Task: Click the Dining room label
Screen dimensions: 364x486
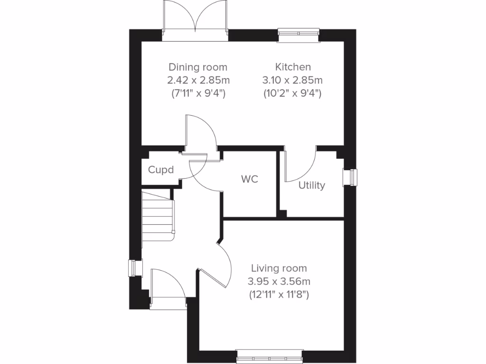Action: [x=198, y=67]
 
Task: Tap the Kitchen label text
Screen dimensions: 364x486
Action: [x=293, y=67]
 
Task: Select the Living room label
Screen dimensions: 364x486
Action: [x=279, y=268]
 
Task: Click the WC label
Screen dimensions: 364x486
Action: [x=250, y=180]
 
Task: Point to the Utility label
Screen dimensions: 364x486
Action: [x=311, y=185]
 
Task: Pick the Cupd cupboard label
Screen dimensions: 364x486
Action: [x=161, y=170]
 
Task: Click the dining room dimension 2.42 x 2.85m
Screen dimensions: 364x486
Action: [x=198, y=80]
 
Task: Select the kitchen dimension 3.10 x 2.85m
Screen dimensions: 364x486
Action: [x=293, y=80]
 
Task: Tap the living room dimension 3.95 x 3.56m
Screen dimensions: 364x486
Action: [x=279, y=281]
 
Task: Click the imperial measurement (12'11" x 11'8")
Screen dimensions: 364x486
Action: [x=279, y=294]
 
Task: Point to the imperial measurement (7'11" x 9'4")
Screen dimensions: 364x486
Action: [x=198, y=93]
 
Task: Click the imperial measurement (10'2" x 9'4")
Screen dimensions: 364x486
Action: [x=293, y=93]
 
